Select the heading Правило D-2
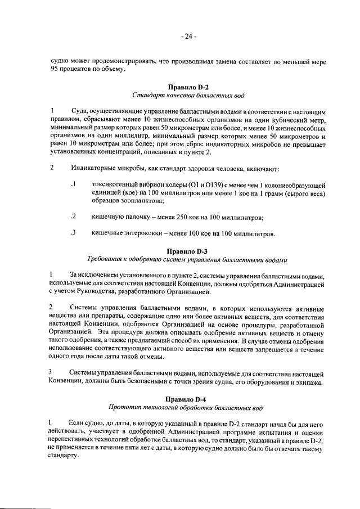pyautogui.click(x=188, y=87)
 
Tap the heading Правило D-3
pyautogui.click(x=188, y=251)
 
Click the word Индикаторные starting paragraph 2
pyautogui.click(x=94, y=168)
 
